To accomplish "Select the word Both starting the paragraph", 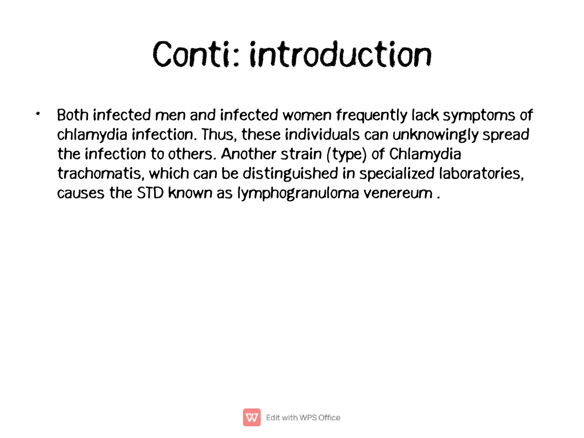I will (x=72, y=115).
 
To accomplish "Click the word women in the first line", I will (x=307, y=115).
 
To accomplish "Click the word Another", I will (x=248, y=154).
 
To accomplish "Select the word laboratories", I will (x=481, y=173).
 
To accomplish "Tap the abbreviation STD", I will (x=150, y=193).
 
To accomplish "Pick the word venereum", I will (x=398, y=193).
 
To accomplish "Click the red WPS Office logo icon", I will (x=252, y=417).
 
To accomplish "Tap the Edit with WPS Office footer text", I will (x=303, y=417).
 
